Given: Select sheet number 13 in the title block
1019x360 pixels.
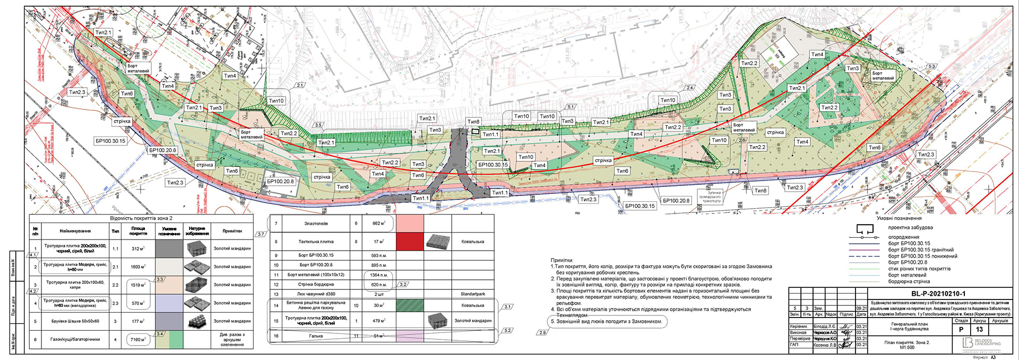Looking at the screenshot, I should click(x=979, y=329).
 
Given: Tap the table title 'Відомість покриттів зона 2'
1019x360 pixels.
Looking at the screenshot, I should click(x=141, y=218).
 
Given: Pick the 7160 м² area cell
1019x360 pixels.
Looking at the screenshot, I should click(x=138, y=339).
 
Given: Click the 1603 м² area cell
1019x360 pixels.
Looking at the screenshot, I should click(x=139, y=267).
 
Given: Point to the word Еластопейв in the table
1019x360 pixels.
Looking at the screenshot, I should click(x=316, y=224).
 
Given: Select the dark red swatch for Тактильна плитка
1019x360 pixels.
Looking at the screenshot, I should click(x=410, y=242).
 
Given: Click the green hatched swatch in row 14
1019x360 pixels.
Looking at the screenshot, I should click(x=410, y=305).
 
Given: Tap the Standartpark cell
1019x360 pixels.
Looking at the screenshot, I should click(x=472, y=294).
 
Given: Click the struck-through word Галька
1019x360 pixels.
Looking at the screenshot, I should click(x=316, y=336).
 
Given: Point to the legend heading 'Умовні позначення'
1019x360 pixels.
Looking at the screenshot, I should click(x=899, y=218).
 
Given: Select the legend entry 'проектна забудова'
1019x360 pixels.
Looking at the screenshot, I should click(x=910, y=228).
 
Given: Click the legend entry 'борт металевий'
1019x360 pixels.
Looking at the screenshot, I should click(x=907, y=275).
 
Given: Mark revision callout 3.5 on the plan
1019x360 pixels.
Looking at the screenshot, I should click(x=318, y=125).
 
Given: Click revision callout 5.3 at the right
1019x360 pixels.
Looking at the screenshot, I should click(x=931, y=66).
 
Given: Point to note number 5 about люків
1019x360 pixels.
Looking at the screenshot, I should click(x=608, y=321).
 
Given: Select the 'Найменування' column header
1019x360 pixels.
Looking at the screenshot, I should click(x=75, y=231).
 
